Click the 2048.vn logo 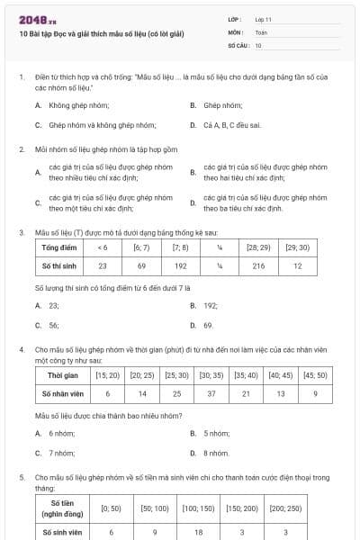[33, 20]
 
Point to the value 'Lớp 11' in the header [264, 19]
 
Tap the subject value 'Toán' [261, 31]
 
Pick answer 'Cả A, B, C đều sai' [231, 125]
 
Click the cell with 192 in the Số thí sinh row [180, 266]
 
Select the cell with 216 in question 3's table [259, 266]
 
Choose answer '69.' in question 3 [208, 325]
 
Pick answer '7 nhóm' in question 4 [61, 453]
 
